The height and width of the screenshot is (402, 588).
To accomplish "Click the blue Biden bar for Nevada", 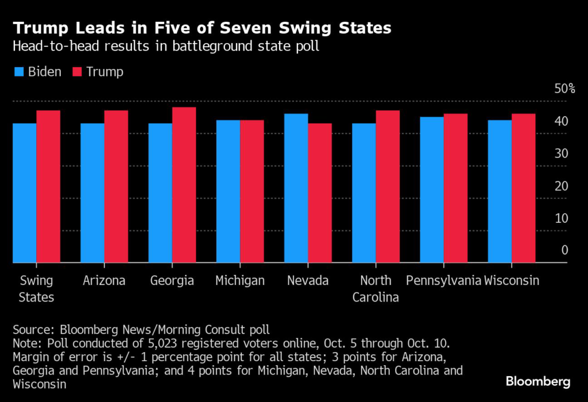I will pyautogui.click(x=296, y=188).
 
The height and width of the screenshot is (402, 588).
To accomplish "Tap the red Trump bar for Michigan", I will pyautogui.click(x=252, y=191).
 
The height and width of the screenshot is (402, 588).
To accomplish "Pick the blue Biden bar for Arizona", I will pyautogui.click(x=92, y=193).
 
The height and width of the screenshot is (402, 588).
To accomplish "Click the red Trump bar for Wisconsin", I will pyautogui.click(x=523, y=188).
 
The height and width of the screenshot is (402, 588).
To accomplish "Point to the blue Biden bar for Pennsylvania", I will pyautogui.click(x=432, y=190).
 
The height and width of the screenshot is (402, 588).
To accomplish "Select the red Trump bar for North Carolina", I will pyautogui.click(x=388, y=187).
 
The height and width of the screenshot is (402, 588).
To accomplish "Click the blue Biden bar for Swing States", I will pyautogui.click(x=25, y=193).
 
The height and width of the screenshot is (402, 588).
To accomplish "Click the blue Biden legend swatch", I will pyautogui.click(x=20, y=72).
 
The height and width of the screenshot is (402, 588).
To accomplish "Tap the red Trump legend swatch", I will pyautogui.click(x=77, y=72).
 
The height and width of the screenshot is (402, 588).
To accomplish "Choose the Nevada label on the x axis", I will pyautogui.click(x=308, y=281).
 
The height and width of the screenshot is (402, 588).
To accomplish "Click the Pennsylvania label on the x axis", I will pyautogui.click(x=443, y=281).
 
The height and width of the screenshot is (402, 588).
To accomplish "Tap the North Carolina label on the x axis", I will pyautogui.click(x=376, y=289).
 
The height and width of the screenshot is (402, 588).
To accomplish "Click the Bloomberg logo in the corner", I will pyautogui.click(x=537, y=381).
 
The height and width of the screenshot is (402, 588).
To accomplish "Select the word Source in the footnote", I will pyautogui.click(x=30, y=330).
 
